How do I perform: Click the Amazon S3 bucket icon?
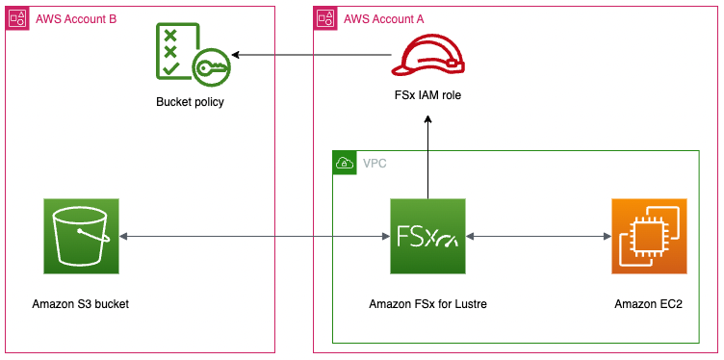81,236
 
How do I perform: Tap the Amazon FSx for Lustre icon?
427,236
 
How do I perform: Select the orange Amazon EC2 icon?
649,236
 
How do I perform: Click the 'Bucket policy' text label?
189,101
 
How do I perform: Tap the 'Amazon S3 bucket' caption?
81,304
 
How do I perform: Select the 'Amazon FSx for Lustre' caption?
427,304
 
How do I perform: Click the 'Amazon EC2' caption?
649,304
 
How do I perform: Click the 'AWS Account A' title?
384,17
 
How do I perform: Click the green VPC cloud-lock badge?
343,162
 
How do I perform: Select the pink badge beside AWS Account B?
17,17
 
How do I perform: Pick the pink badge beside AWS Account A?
325,17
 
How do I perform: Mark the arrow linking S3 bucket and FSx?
254,237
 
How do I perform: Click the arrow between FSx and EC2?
538,237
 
